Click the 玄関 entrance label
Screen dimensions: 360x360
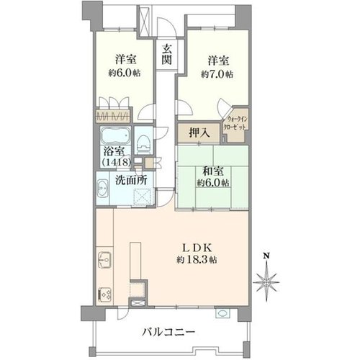(x=166, y=55)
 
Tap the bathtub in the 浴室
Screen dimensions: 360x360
(x=115, y=135)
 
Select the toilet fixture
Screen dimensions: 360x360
(x=143, y=145)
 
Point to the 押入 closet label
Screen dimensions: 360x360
(x=199, y=133)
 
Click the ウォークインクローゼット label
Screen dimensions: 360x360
(x=235, y=123)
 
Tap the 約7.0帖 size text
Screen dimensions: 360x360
(x=217, y=74)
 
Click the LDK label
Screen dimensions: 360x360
(x=197, y=248)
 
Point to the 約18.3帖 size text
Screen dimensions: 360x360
(x=197, y=259)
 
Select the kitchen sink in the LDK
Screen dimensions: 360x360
(x=104, y=260)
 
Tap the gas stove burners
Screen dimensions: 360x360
(x=104, y=294)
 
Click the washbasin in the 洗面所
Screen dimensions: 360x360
(x=102, y=189)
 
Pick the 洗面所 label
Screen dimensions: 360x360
(x=131, y=180)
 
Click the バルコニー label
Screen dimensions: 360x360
(x=168, y=333)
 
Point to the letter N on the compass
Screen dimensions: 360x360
(x=266, y=256)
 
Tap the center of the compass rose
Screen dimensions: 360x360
(x=266, y=282)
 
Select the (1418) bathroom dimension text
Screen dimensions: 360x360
(x=117, y=162)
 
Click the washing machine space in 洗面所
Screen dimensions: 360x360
(x=143, y=197)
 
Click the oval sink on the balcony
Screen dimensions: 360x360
(x=222, y=313)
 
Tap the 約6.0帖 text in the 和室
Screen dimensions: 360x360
(x=213, y=183)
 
